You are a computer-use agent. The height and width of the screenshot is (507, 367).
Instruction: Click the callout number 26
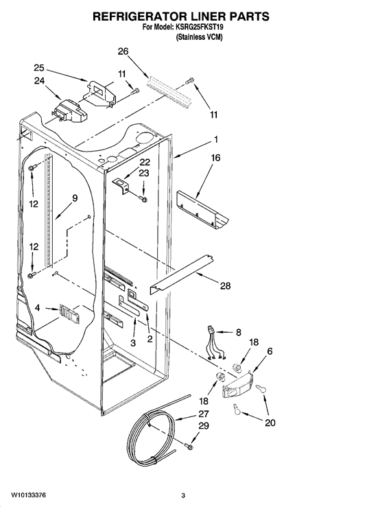pos(123,51)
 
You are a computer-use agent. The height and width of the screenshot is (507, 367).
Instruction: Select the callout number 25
pos(39,68)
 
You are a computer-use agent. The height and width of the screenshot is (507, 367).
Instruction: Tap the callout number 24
pos(39,81)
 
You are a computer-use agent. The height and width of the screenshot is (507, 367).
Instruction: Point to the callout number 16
pos(215,158)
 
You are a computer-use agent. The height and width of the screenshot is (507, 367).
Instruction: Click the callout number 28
pos(226,285)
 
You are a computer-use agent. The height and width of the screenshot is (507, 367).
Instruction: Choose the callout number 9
pos(75,198)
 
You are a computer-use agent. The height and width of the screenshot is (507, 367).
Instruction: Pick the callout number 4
pos(38,308)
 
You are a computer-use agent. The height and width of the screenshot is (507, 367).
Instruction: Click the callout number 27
pos(204,414)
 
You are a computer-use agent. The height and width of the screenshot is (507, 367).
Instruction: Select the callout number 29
pos(204,426)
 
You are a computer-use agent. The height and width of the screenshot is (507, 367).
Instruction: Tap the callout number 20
pos(270,423)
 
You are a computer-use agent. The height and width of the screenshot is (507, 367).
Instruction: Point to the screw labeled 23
pos(143,198)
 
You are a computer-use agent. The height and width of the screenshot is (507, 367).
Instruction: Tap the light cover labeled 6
pos(237,385)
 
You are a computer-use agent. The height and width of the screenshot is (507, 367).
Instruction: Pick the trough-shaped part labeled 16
pos(202,209)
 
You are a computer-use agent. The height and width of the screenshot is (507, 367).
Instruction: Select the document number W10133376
pos(28,495)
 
